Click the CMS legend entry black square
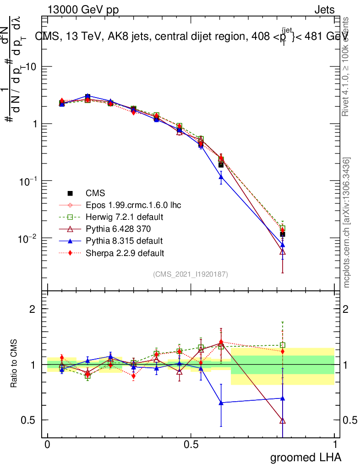(71, 193)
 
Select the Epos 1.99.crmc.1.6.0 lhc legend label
(133, 205)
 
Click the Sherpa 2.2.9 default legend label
(125, 252)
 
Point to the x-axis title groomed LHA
(305, 457)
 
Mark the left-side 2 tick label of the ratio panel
(33, 309)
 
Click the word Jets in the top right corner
(324, 11)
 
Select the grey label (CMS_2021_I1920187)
(191, 274)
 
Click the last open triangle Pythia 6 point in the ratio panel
(283, 420)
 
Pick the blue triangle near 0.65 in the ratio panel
(221, 403)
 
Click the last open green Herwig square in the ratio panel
(283, 345)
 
